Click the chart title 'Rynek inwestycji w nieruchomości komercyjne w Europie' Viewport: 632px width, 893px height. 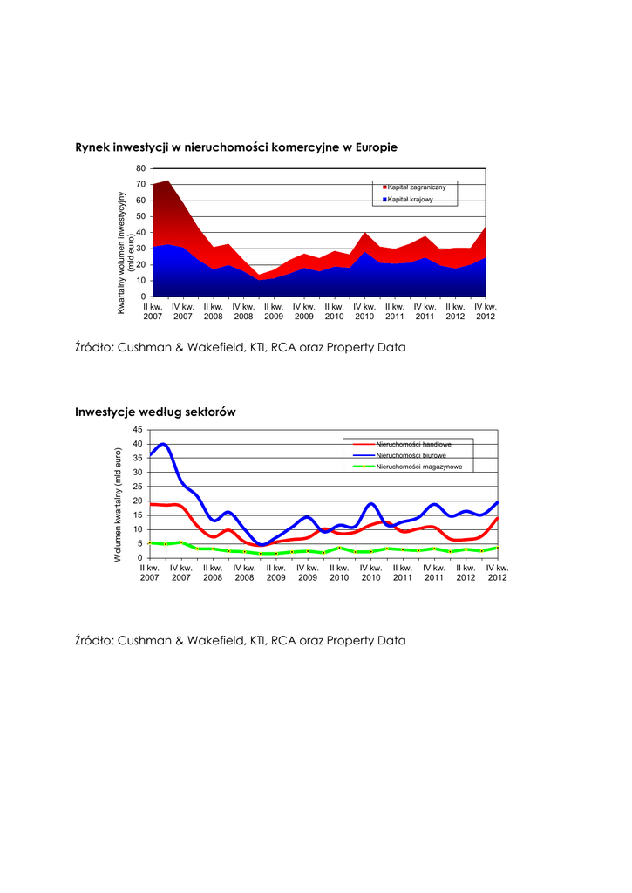click(x=236, y=148)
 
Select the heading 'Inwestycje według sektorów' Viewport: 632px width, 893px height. click(x=156, y=412)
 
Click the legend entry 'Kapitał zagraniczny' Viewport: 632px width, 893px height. click(x=417, y=188)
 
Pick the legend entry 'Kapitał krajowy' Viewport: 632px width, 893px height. click(x=410, y=201)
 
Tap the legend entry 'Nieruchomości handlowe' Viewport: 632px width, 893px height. click(x=413, y=445)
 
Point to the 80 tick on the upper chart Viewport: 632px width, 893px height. click(x=141, y=168)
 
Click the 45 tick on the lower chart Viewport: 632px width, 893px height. click(x=137, y=430)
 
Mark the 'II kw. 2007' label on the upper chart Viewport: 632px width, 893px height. click(x=153, y=311)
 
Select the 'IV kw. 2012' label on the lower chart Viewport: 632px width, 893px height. click(x=497, y=572)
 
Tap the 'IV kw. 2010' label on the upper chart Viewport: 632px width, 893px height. click(x=364, y=311)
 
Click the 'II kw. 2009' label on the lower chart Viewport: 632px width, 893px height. click(x=275, y=572)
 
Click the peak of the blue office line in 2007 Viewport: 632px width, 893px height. click(x=163, y=444)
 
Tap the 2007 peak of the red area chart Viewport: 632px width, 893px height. click(x=166, y=181)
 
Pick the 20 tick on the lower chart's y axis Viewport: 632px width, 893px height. click(x=137, y=501)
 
